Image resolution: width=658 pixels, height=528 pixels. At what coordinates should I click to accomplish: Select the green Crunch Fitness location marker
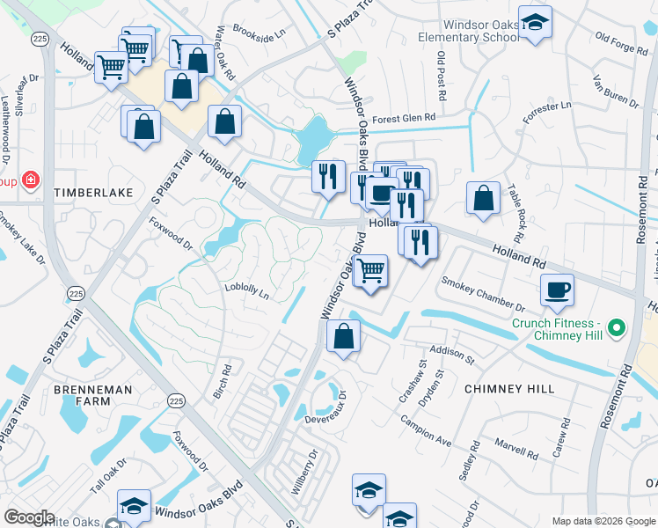[x=616, y=329]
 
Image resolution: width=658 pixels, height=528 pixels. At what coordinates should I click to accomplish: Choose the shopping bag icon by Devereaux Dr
[x=343, y=336]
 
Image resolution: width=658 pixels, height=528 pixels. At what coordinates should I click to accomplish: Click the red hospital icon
[x=31, y=180]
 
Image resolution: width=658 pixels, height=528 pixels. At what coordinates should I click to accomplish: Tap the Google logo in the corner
[x=28, y=517]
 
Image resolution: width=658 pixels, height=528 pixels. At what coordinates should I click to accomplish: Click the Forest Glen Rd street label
[x=404, y=118]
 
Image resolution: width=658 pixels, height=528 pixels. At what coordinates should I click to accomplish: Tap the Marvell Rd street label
[x=515, y=450]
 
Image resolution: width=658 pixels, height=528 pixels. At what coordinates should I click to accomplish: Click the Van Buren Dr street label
[x=613, y=86]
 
